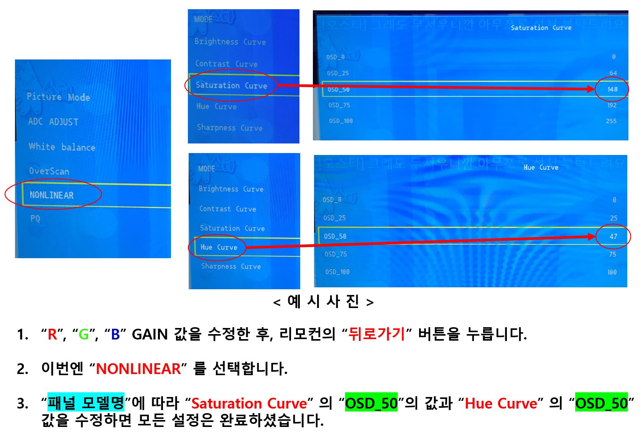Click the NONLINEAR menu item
(52, 195)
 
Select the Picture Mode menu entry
(58, 97)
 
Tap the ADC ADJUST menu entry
(53, 122)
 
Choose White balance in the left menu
(62, 147)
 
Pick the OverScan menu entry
(49, 171)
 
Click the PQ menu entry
(35, 219)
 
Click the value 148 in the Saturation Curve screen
(612, 89)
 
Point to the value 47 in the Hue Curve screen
(613, 236)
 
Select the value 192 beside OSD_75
(612, 105)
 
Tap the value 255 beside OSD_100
(611, 121)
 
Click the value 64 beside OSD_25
(613, 73)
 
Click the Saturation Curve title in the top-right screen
(541, 28)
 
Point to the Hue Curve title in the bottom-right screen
(541, 167)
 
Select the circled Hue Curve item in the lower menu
(219, 247)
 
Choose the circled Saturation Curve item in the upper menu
(231, 86)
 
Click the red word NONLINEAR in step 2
(138, 369)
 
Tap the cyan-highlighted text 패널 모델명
(86, 402)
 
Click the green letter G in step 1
(84, 334)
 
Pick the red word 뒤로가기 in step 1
(377, 334)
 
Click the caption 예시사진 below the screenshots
(323, 302)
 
